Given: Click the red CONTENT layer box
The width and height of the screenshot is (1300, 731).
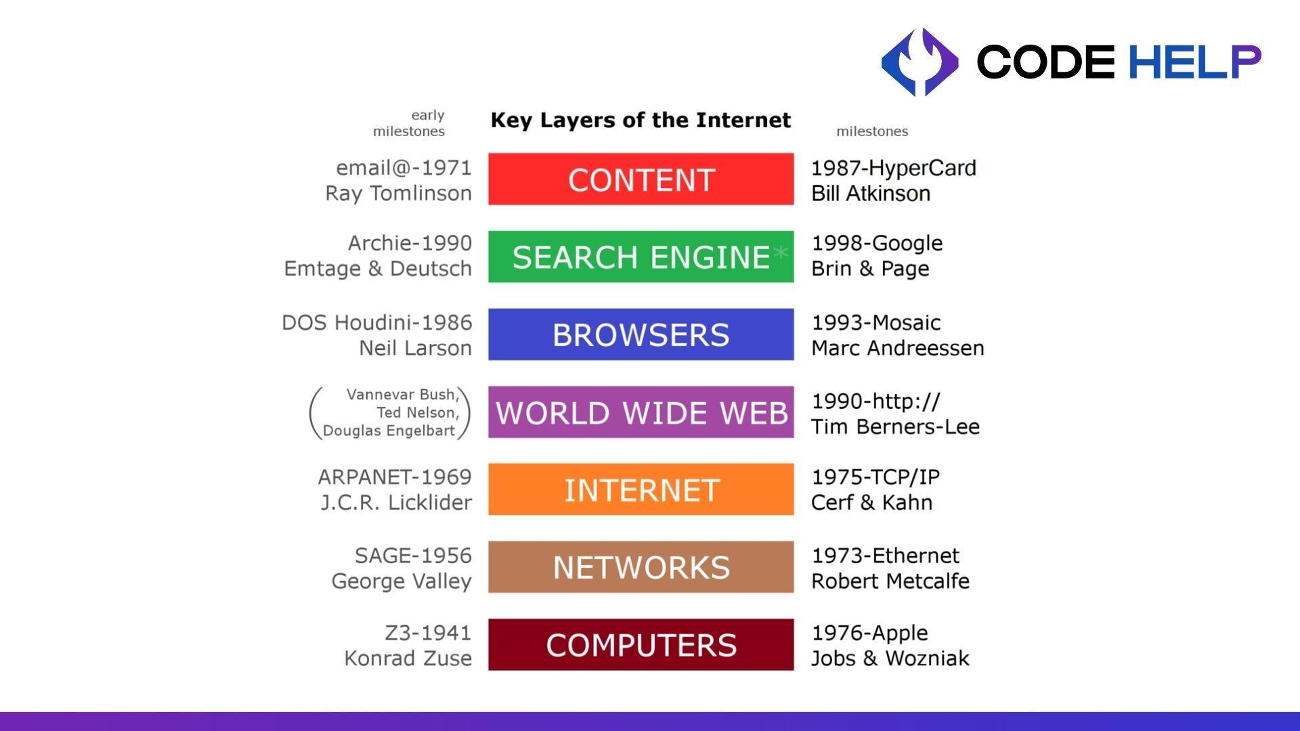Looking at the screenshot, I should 641,179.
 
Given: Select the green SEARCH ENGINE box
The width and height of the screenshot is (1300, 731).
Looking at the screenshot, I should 641,257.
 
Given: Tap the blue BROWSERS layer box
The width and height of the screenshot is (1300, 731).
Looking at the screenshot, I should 641,334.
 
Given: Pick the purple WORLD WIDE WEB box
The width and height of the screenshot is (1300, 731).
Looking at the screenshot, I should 641,412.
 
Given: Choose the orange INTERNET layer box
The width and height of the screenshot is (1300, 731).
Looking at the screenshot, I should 641,489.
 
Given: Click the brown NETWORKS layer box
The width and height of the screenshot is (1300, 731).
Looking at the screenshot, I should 641,567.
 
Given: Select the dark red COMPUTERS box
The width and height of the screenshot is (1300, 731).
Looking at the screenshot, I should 641,644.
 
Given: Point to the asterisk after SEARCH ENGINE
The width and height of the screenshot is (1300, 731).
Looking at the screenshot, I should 781,254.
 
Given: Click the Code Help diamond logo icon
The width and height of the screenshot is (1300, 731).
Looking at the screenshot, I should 919,62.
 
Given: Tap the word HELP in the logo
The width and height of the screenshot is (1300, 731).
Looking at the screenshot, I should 1194,62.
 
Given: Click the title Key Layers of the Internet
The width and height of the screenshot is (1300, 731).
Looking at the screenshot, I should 641,120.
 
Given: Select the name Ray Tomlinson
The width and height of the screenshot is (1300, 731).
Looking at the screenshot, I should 398,194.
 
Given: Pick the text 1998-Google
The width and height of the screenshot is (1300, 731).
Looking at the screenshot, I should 877,243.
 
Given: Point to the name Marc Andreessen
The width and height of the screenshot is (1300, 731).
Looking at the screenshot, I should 897,348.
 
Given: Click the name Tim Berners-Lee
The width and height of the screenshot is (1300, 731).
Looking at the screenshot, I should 895,426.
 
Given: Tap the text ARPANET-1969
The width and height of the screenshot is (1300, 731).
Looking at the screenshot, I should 395,477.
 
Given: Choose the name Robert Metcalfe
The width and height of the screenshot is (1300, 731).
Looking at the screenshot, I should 890,581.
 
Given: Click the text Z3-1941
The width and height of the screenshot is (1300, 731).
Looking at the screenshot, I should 428,633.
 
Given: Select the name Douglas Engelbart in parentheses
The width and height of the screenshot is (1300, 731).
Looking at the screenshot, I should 389,430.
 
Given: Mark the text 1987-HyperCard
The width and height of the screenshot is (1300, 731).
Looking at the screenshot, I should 894,168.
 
